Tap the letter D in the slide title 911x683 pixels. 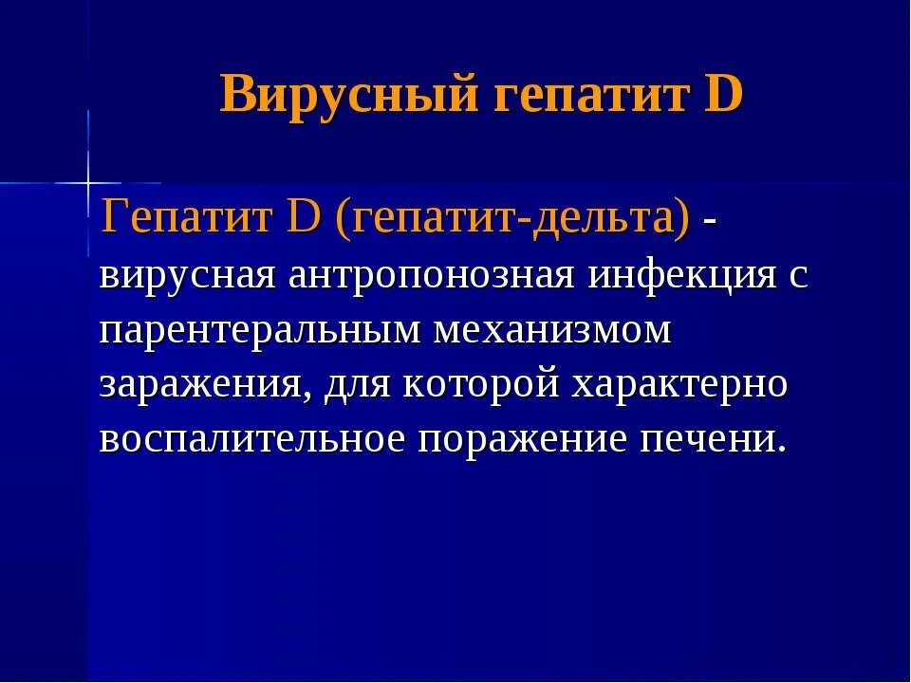pyautogui.click(x=723, y=95)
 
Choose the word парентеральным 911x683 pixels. pyautogui.click(x=261, y=331)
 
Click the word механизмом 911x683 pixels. pyautogui.click(x=553, y=331)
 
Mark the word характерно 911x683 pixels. pyautogui.click(x=680, y=386)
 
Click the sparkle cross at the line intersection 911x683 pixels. pyautogui.click(x=88, y=181)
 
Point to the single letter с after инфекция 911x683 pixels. pyautogui.click(x=797, y=276)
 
